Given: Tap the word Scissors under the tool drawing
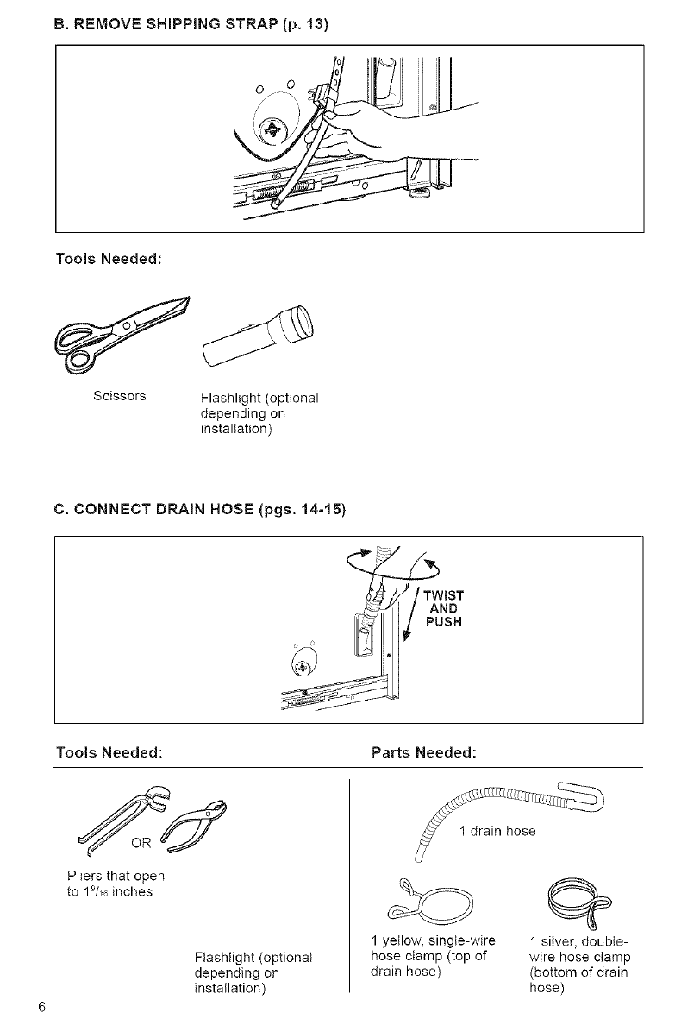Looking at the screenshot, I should [x=119, y=396].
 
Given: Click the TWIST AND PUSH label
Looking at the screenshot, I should [x=446, y=609].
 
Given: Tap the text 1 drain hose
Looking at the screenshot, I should [x=497, y=832].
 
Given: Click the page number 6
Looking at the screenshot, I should [x=41, y=1008].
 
